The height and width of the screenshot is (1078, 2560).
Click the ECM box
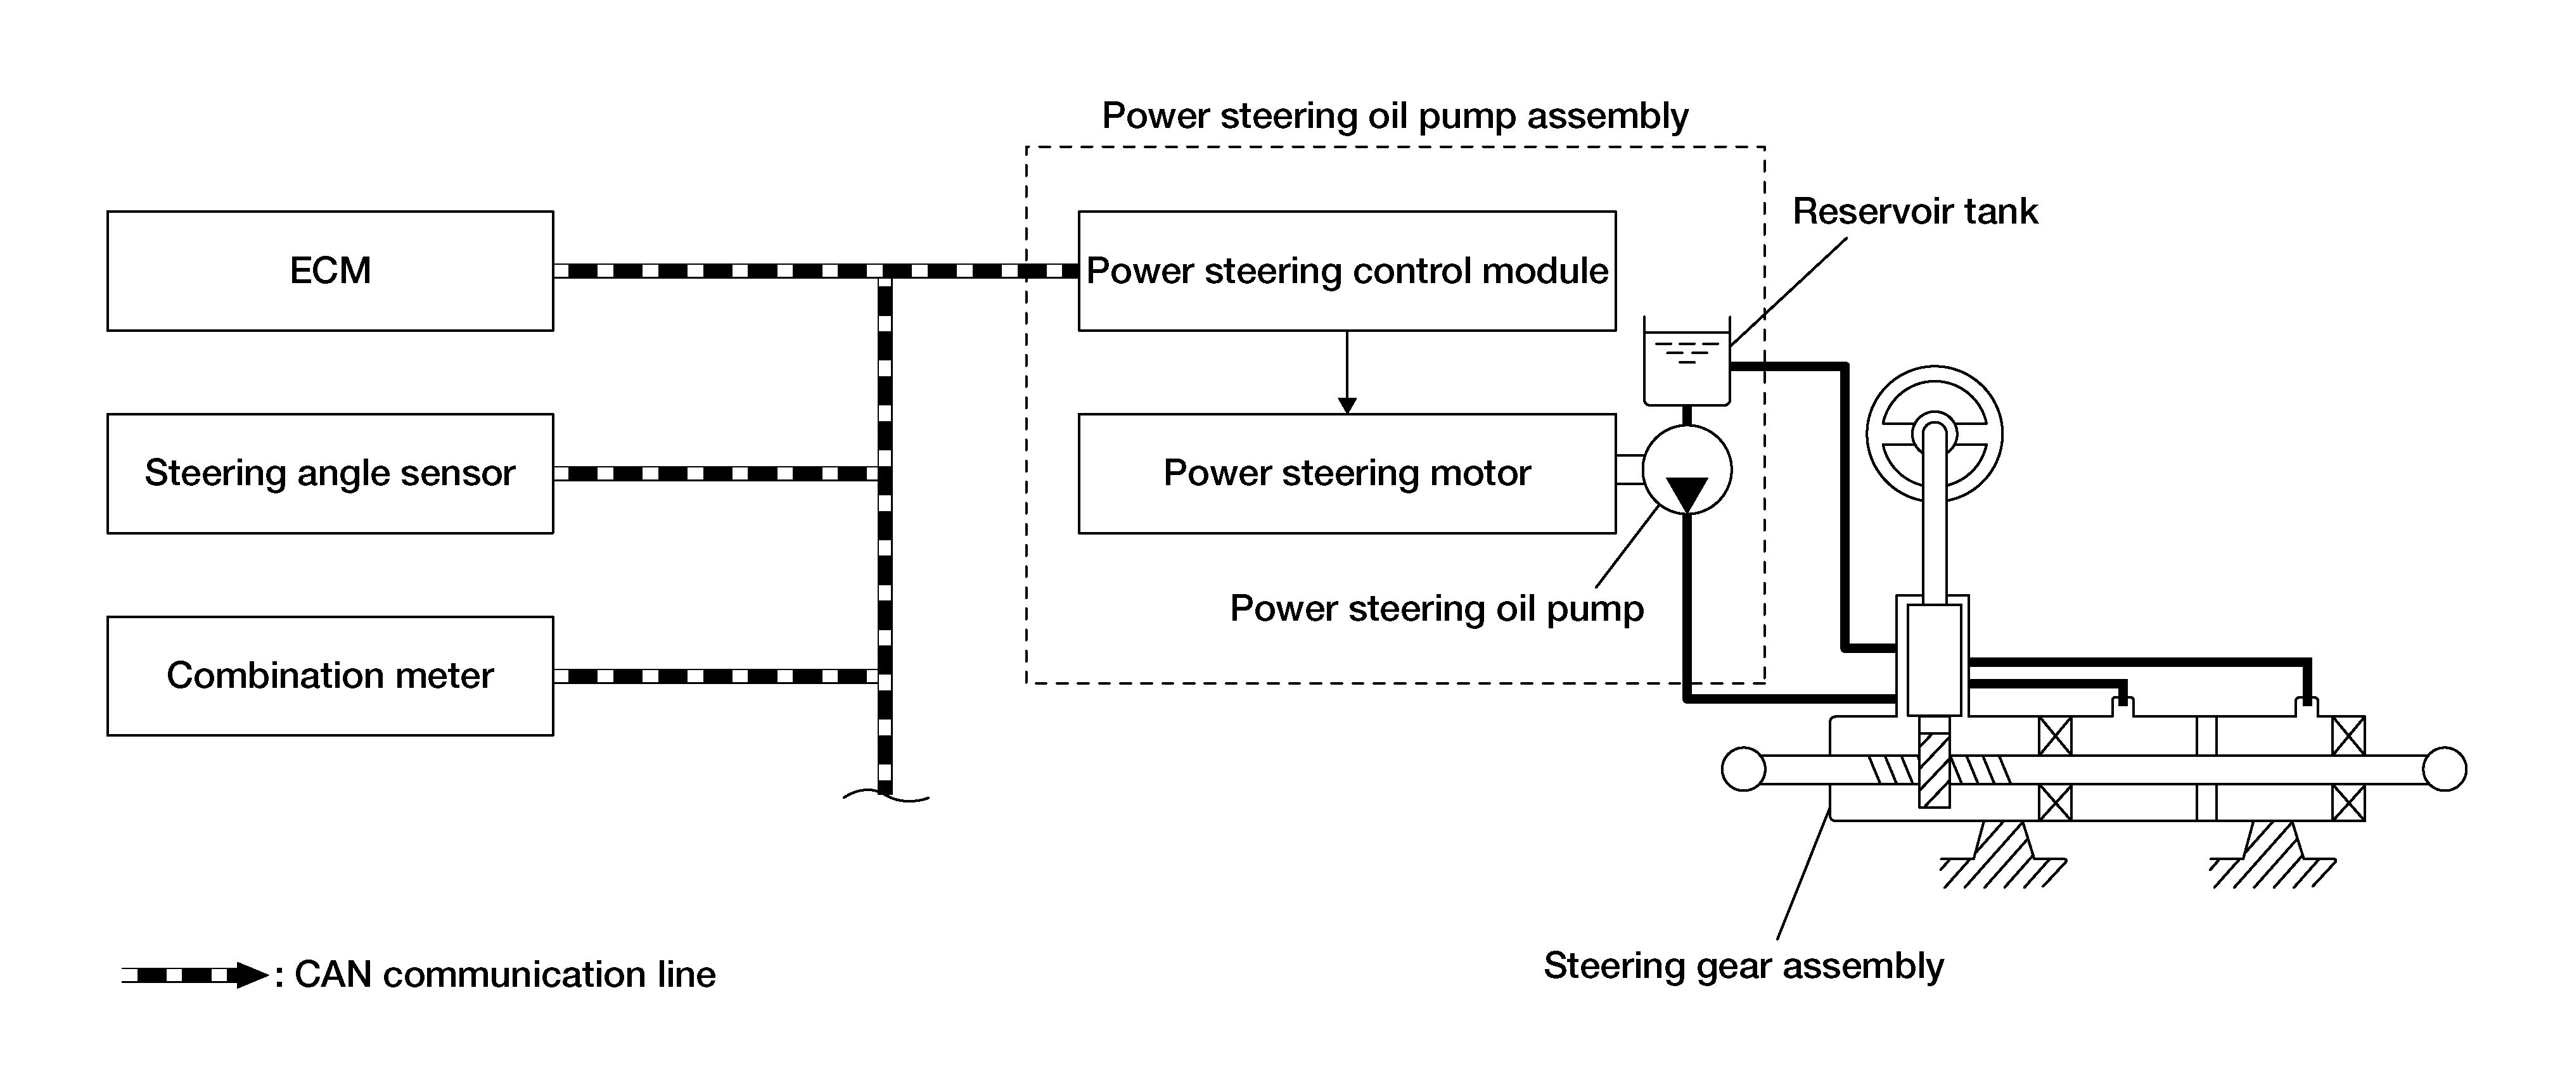tap(330, 270)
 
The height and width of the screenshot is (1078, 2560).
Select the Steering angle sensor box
tap(330, 473)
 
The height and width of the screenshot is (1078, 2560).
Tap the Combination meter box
tap(330, 676)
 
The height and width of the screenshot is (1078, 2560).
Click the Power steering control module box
tap(1347, 270)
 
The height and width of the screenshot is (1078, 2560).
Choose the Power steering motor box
tap(1347, 473)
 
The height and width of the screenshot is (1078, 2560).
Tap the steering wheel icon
tap(1934, 434)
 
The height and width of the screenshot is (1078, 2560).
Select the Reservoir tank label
tap(1914, 212)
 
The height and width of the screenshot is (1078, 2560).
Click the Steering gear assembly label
tap(1743, 966)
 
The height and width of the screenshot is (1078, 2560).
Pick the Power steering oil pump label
tap(1436, 608)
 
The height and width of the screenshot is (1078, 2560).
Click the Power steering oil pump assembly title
tap(1394, 117)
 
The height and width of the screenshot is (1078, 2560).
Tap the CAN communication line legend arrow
tap(194, 975)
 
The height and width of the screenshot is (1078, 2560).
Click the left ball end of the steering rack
tap(1743, 769)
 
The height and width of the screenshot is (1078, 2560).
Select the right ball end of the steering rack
tap(2445, 769)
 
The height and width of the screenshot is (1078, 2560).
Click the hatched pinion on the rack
tap(1934, 770)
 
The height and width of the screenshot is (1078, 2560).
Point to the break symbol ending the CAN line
tap(885, 795)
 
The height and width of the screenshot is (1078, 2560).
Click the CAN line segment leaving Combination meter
tap(715, 676)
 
